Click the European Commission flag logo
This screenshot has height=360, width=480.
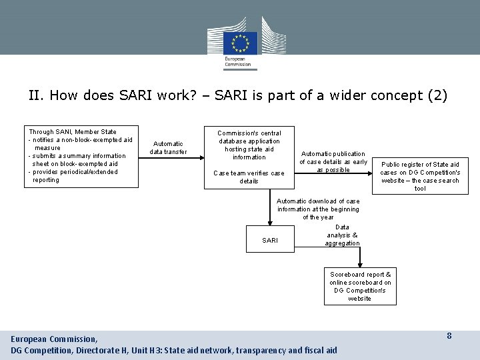click(x=240, y=43)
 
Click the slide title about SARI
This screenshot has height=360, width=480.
click(x=238, y=95)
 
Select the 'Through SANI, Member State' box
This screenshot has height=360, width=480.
click(x=82, y=156)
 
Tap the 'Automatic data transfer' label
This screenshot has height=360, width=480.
click(x=168, y=148)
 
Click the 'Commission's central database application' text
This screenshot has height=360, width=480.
click(x=249, y=145)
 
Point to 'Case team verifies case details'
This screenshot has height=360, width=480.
click(x=249, y=177)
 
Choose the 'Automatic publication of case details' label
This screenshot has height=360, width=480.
click(x=333, y=161)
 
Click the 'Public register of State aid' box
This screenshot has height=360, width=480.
click(x=420, y=176)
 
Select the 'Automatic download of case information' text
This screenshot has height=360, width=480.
click(x=318, y=209)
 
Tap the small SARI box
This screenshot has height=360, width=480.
click(x=270, y=240)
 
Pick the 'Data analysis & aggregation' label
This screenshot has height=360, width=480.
click(x=342, y=235)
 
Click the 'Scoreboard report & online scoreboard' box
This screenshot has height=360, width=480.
click(x=360, y=287)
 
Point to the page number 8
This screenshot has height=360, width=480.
click(x=449, y=336)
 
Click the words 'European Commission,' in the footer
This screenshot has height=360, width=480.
click(x=54, y=339)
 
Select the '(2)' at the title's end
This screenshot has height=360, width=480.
click(x=437, y=95)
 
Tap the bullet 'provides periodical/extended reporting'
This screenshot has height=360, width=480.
click(x=73, y=176)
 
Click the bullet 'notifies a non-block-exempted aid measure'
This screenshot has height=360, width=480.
click(x=80, y=144)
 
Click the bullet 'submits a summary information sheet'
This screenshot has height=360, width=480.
click(x=77, y=160)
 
